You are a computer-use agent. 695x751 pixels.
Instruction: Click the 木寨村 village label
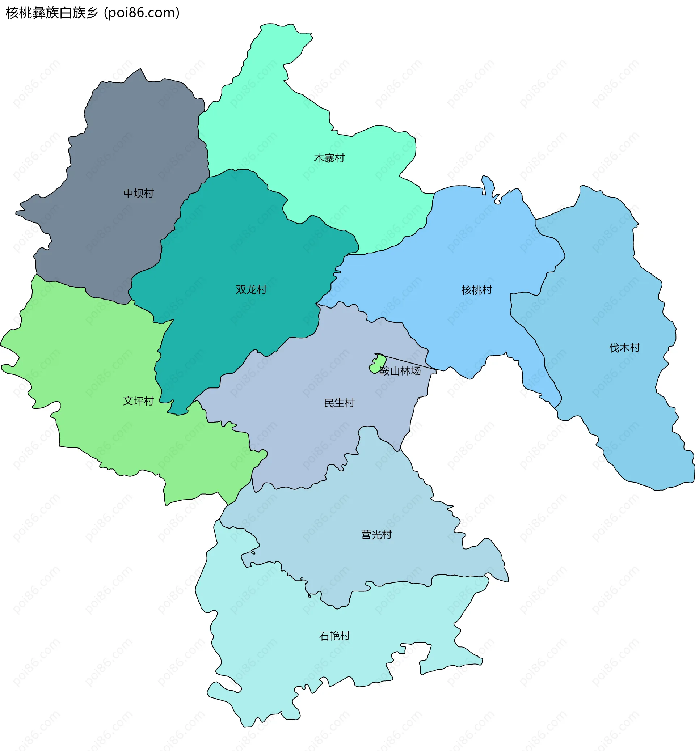tap(329, 158)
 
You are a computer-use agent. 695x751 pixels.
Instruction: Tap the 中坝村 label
tap(138, 193)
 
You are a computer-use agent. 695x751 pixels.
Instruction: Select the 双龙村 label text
tap(251, 289)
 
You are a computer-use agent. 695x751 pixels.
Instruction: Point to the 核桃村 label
tap(476, 290)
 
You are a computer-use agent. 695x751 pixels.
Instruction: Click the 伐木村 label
tap(624, 347)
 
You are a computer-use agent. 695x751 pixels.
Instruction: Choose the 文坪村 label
tap(138, 401)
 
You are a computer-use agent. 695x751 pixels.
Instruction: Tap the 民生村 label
tap(339, 403)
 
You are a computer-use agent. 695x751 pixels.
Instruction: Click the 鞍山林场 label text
tap(400, 371)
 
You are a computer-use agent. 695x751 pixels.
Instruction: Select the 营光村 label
tap(376, 535)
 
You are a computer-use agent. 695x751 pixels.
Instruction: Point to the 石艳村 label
tap(334, 636)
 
